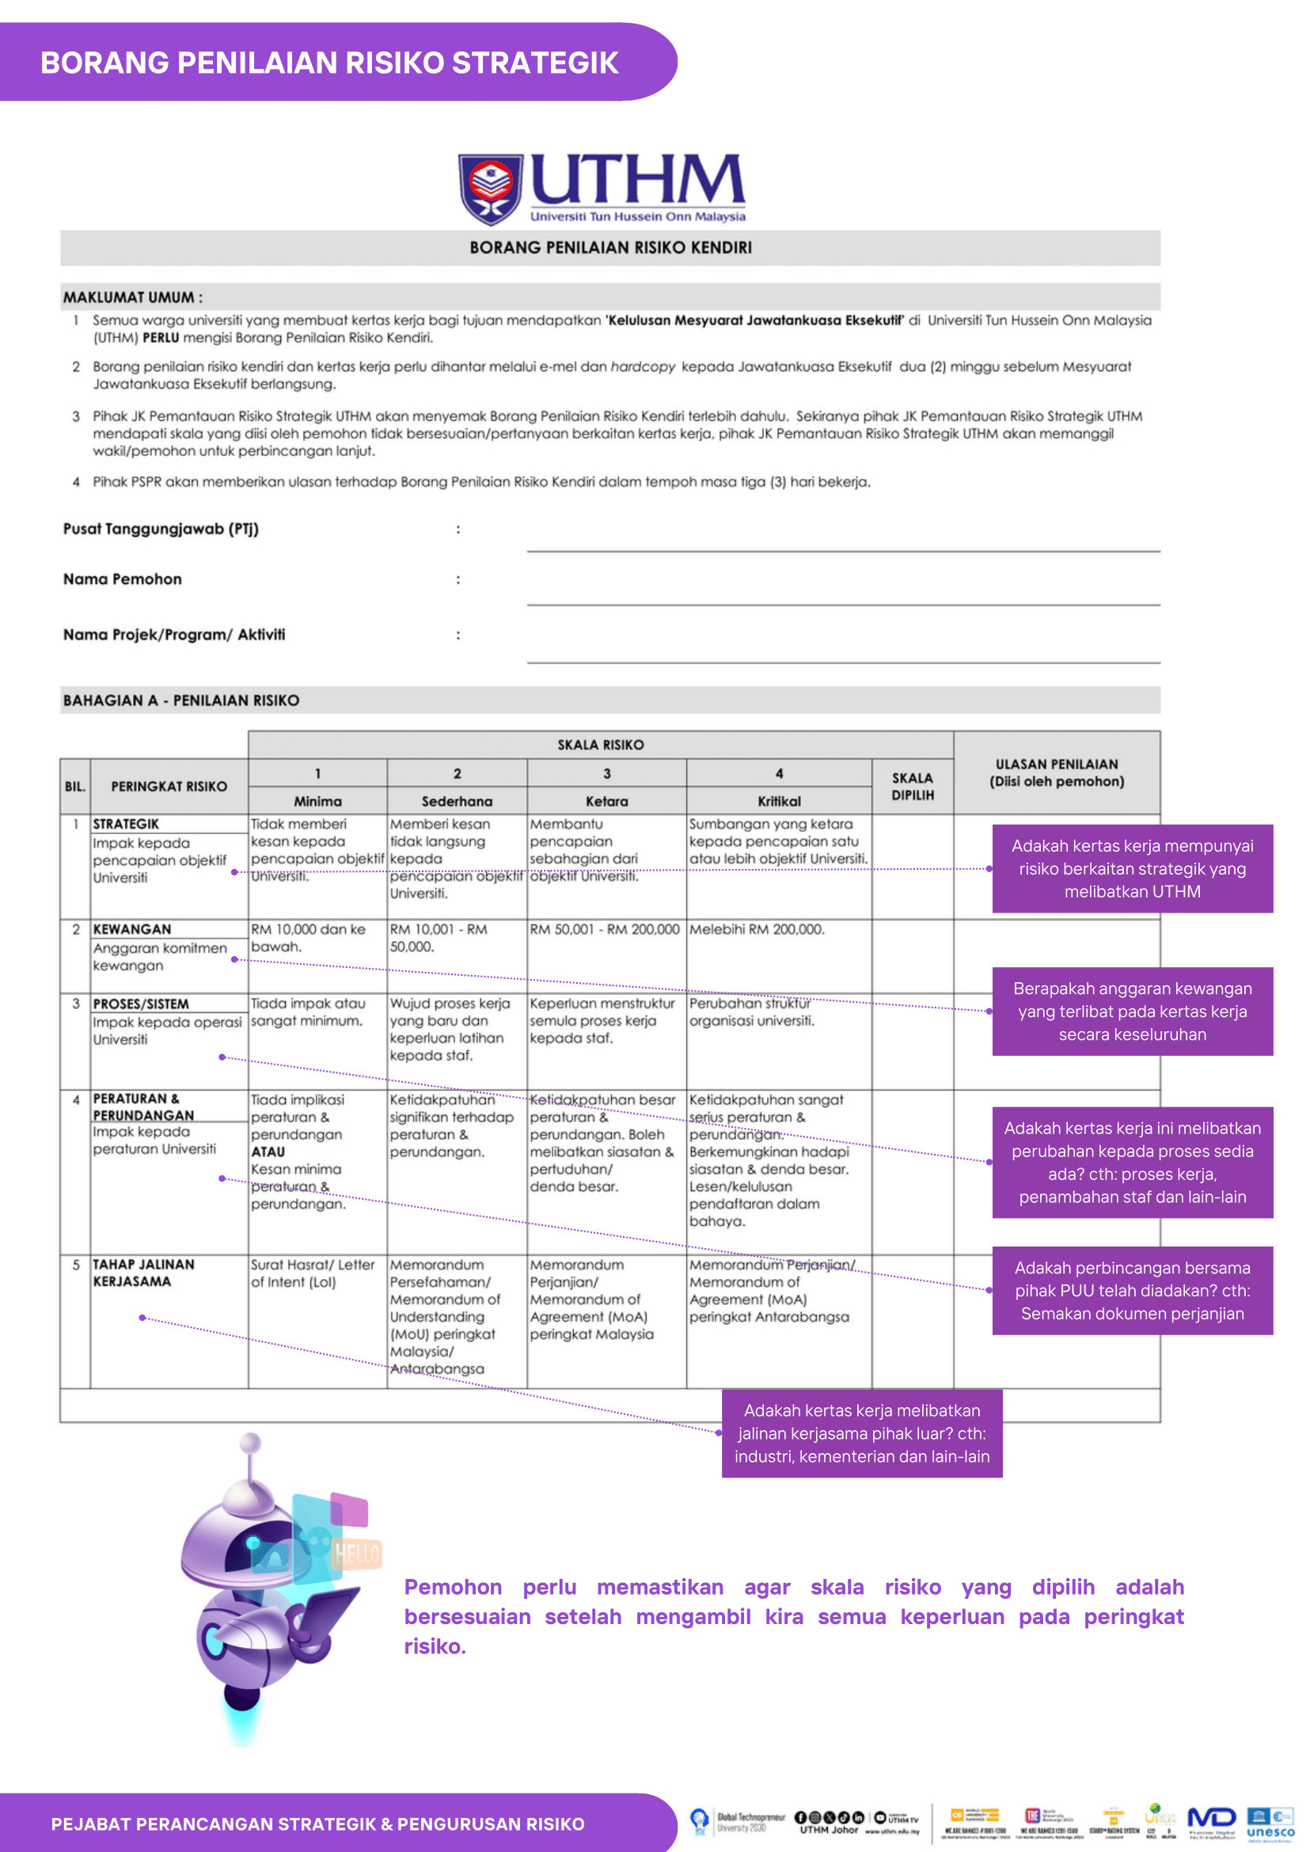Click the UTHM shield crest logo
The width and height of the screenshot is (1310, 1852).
491,188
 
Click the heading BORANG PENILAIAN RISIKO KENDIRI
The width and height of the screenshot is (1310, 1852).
609,248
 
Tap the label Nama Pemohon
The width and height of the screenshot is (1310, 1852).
123,579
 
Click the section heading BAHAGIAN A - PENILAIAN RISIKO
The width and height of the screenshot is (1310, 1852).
180,700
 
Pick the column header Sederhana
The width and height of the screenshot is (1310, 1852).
457,801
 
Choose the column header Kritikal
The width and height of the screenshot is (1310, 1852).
778,801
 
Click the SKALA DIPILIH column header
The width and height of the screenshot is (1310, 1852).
912,787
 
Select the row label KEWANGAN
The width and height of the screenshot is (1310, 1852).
131,929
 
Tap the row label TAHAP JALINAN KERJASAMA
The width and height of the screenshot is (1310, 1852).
142,1273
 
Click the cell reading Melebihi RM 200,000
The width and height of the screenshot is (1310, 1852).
757,929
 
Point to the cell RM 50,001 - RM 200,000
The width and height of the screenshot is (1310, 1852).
605,929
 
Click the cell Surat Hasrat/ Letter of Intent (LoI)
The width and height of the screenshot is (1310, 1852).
313,1273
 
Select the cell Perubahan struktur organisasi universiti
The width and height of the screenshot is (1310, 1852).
751,1012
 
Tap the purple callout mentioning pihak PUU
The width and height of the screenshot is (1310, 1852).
1132,1291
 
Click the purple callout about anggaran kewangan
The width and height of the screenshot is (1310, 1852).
1132,1011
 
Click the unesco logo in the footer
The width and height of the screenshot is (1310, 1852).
1270,1824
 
